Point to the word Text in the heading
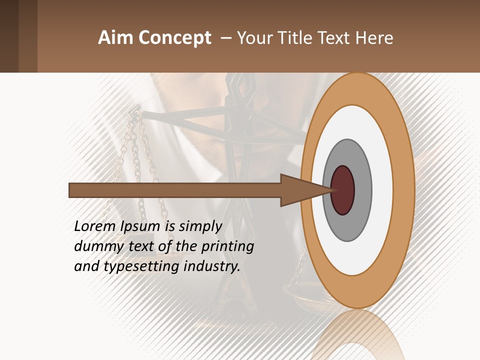tap(334, 38)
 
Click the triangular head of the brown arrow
tap(300, 190)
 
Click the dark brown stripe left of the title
tap(9, 36)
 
